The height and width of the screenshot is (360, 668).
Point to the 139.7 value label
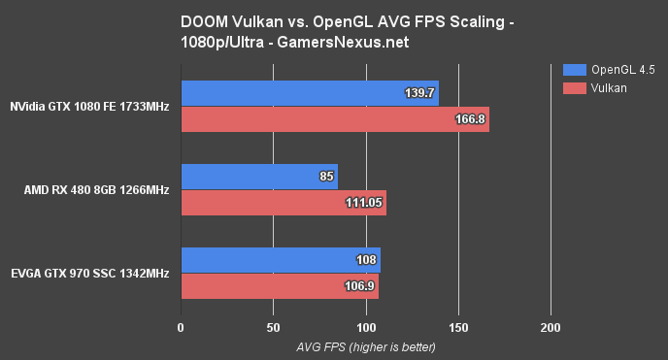[418, 93]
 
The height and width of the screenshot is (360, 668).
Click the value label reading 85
[326, 177]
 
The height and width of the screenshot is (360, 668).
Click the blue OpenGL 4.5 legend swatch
[574, 69]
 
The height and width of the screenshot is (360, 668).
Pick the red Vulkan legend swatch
[574, 88]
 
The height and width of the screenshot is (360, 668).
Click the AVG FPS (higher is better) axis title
[365, 346]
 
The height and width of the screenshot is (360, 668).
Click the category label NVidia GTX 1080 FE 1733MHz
[90, 107]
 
